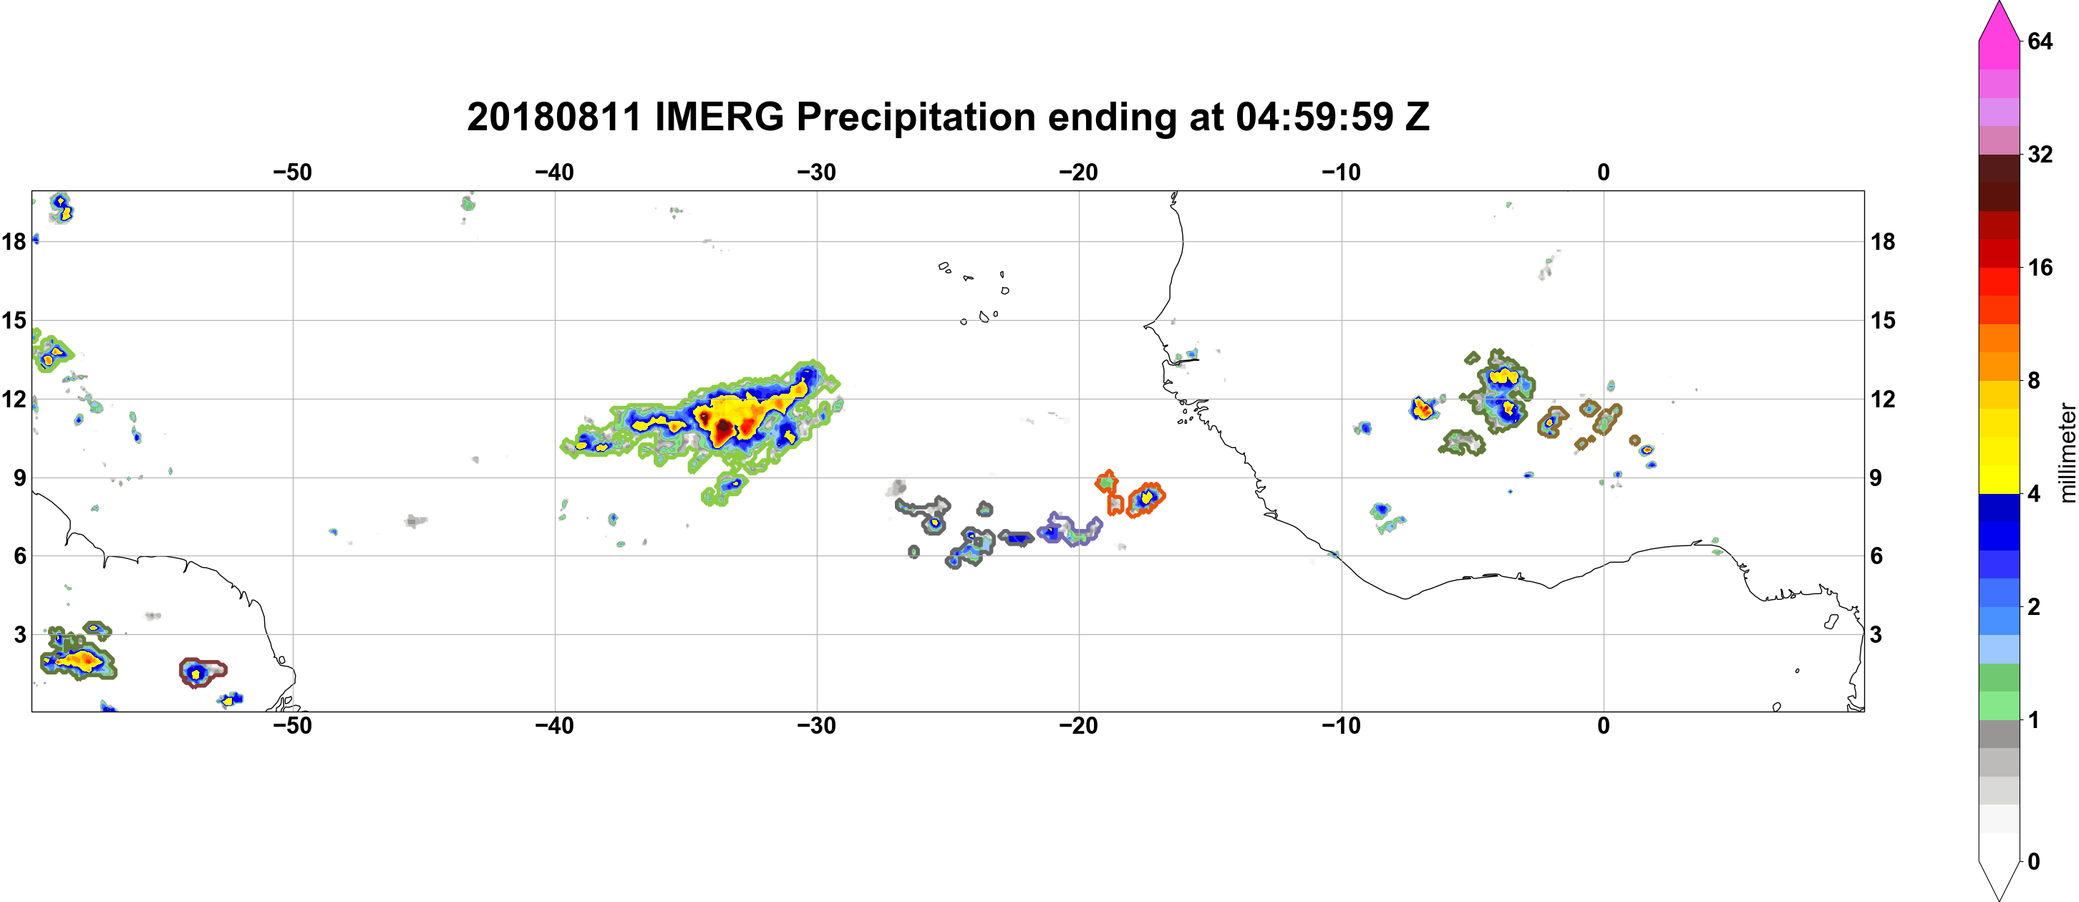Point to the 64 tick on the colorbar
(2040, 41)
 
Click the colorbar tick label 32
(2040, 154)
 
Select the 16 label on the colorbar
(2040, 267)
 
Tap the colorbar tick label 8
(2034, 380)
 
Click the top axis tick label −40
(554, 173)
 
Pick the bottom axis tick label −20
(1079, 726)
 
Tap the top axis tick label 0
(1604, 173)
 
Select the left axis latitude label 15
(14, 320)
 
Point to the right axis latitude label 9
(1876, 477)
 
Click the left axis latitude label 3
(20, 634)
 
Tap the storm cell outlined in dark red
(202, 672)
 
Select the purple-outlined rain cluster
(1070, 530)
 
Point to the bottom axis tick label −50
(292, 726)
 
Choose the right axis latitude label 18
(1883, 241)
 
